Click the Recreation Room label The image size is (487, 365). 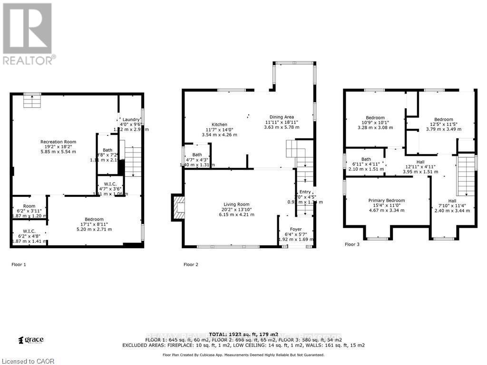click(58, 142)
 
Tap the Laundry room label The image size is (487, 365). click(130, 119)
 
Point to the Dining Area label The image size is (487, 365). click(282, 117)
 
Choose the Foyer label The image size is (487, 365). click(296, 230)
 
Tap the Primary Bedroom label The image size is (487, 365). click(387, 201)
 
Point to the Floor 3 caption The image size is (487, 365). click(353, 245)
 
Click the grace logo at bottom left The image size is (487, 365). click(31, 340)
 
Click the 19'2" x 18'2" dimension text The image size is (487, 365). click(58, 147)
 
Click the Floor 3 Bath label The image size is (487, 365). click(366, 159)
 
